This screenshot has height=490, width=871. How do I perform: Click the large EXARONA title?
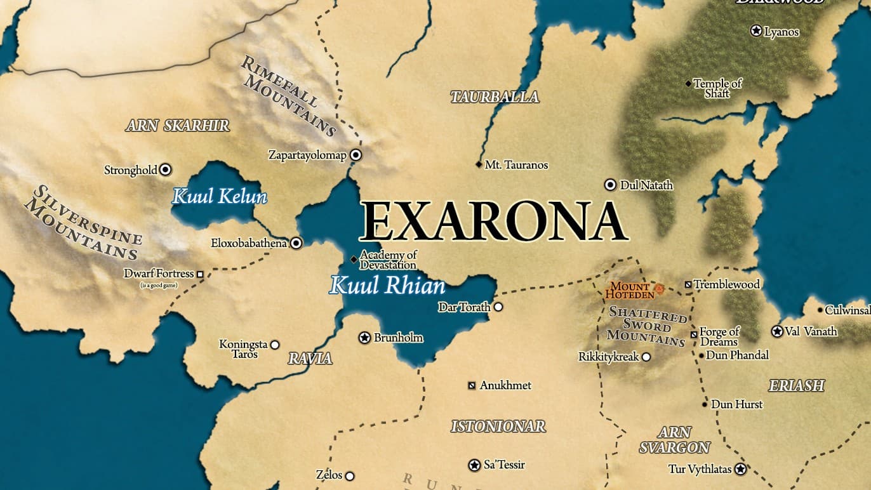(493, 222)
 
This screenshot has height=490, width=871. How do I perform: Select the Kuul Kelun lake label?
(219, 196)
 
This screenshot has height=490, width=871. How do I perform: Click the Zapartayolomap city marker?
(356, 154)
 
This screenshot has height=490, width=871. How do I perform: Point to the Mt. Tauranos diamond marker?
(479, 164)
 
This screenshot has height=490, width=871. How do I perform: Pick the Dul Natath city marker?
(610, 185)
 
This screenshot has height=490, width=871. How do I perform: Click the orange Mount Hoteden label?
(630, 291)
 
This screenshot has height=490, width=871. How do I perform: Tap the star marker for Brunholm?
(364, 338)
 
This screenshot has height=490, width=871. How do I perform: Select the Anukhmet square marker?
(472, 385)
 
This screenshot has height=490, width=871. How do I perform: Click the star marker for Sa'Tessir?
(474, 465)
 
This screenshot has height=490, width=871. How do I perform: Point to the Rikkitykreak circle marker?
(646, 357)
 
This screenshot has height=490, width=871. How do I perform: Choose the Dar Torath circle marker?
(498, 307)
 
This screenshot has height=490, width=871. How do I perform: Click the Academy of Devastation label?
(388, 260)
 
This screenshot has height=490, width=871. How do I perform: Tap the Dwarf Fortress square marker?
(200, 274)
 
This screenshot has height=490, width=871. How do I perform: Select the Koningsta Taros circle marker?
(275, 345)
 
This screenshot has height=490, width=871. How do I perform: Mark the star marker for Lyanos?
(756, 30)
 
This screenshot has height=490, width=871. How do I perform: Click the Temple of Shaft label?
(717, 88)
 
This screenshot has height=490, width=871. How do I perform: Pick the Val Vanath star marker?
(777, 331)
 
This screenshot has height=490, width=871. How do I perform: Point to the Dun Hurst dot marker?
(705, 404)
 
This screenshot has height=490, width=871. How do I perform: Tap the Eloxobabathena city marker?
(296, 242)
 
